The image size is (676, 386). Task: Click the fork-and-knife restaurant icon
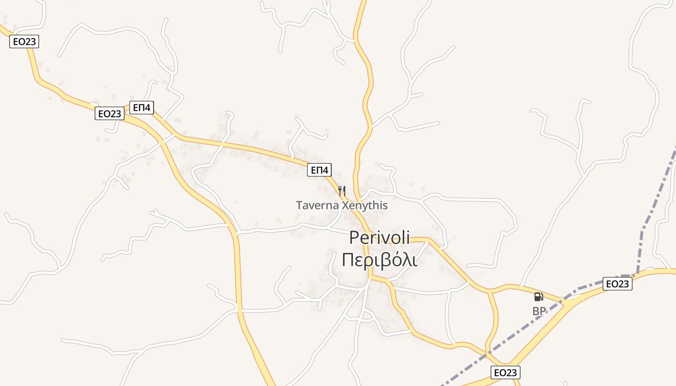coord(342,191)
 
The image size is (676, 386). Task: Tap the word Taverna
coord(317,206)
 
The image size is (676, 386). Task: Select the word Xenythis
coord(365,206)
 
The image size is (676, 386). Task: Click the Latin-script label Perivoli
coord(379,237)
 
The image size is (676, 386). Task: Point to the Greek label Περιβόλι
coord(379,260)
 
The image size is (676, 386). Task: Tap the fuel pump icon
coord(538,296)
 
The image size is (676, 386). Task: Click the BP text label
coord(539,312)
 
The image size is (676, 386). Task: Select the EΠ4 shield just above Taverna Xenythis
coord(320,170)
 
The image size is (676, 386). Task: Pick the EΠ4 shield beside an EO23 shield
coord(141,108)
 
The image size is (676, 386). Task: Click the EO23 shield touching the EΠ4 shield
coord(110,114)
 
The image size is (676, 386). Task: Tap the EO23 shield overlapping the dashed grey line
coord(618,284)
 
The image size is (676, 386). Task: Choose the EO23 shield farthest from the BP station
coord(24,42)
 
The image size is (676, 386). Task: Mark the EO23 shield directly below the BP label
coord(506,372)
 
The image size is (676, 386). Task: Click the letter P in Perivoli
coord(354,238)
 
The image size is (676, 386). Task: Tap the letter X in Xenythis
coord(346,206)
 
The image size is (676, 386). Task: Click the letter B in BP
coord(536,312)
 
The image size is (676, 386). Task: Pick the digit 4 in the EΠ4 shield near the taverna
coord(326,170)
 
